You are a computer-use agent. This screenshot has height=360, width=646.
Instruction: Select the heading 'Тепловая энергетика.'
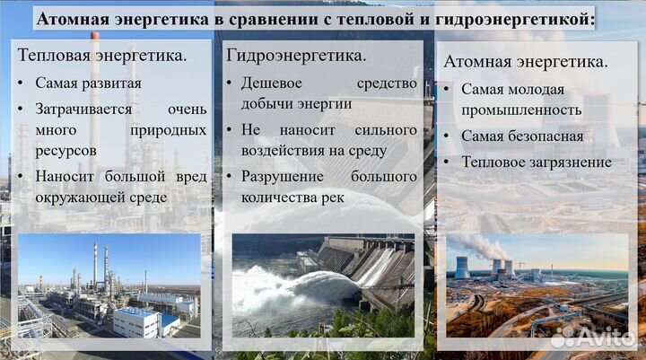[x=102, y=56]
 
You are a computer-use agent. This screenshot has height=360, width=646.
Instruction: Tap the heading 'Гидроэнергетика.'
[x=296, y=56]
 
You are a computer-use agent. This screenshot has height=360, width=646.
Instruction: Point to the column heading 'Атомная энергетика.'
[x=525, y=62]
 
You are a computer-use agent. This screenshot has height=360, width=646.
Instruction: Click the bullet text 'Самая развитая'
[x=88, y=83]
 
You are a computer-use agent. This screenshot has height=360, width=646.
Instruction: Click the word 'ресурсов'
[x=65, y=152]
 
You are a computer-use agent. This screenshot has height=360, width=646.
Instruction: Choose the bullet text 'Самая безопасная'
[x=522, y=136]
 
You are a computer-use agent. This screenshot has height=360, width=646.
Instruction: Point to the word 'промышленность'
[x=521, y=110]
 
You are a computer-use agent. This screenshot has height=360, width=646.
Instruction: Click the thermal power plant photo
[x=109, y=285]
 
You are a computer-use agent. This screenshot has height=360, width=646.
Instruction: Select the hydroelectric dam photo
[x=323, y=285]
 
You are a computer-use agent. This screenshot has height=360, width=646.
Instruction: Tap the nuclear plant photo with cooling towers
[x=537, y=285]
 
